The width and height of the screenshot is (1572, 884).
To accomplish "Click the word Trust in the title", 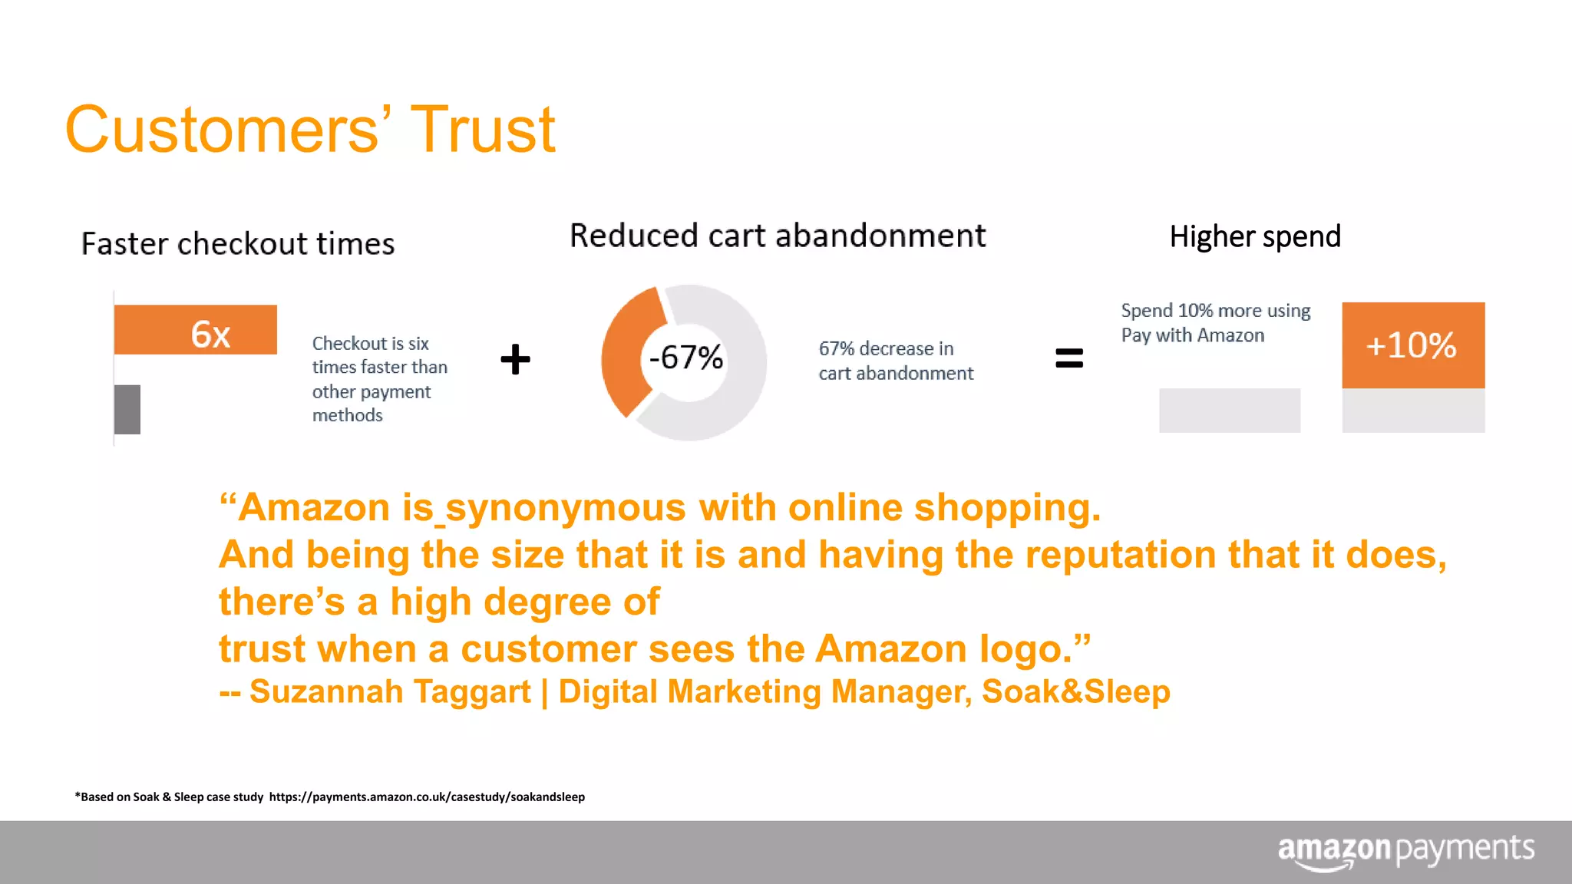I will click(x=483, y=130).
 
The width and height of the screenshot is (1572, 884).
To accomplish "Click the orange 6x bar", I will click(x=195, y=330).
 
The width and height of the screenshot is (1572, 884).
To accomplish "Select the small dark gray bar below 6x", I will click(x=127, y=410).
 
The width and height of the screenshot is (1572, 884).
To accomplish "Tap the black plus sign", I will click(x=515, y=359).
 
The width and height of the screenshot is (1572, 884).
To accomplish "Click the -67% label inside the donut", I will click(x=685, y=358).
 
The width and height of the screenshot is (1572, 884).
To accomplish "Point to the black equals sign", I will click(x=1068, y=358).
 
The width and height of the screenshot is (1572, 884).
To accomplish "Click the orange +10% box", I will click(x=1412, y=345).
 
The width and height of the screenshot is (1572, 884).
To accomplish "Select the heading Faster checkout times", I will click(x=238, y=244).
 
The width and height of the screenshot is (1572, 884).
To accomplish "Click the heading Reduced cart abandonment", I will click(x=778, y=236).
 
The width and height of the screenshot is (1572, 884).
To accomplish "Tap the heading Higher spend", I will click(x=1255, y=236).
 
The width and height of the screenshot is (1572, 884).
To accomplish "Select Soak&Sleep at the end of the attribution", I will click(x=1076, y=691).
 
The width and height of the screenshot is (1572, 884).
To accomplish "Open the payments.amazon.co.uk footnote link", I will click(x=427, y=797).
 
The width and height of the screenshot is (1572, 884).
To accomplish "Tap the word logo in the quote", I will click(x=1026, y=649).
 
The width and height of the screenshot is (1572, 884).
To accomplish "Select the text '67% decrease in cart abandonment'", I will click(x=895, y=361).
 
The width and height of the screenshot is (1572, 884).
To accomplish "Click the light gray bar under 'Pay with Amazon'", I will click(x=1230, y=411).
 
